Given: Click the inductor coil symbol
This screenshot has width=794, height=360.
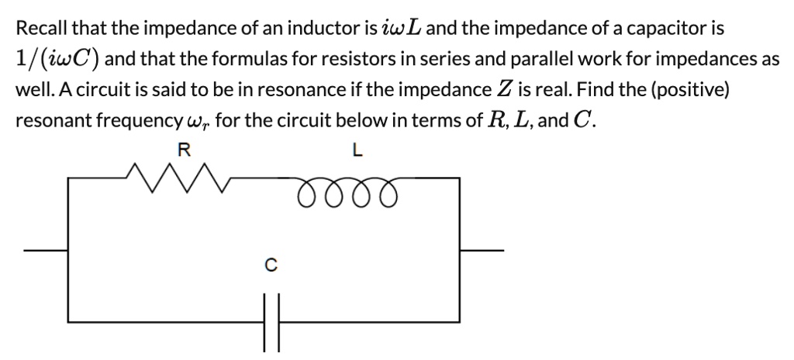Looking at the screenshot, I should click(350, 189).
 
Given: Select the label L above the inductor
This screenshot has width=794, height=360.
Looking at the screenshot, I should click(357, 150).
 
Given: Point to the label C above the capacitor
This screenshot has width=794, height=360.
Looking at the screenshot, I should click(269, 266).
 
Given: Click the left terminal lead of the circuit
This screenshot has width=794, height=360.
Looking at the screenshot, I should click(46, 251).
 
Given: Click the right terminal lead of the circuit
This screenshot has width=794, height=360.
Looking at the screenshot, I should click(482, 251).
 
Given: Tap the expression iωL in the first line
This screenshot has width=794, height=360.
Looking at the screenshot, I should click(400, 29).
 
